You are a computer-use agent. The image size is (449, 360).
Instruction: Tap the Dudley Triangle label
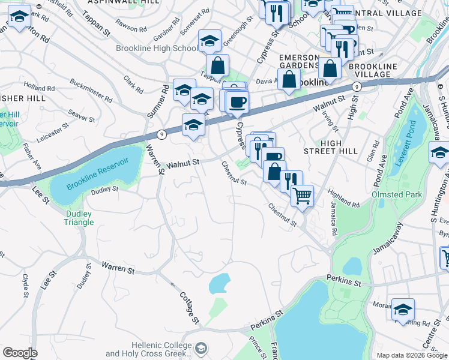point(79,218)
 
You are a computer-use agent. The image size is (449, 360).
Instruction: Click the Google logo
point(20,353)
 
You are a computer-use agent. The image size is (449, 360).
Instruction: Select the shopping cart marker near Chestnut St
point(302,195)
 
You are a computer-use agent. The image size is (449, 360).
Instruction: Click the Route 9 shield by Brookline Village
point(356,87)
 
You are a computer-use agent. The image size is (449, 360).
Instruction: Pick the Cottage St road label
point(189,307)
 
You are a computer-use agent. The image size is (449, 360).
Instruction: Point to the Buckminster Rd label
point(91,89)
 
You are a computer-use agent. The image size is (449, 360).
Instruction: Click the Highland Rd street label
point(344,200)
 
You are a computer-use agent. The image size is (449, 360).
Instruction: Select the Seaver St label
point(82,115)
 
